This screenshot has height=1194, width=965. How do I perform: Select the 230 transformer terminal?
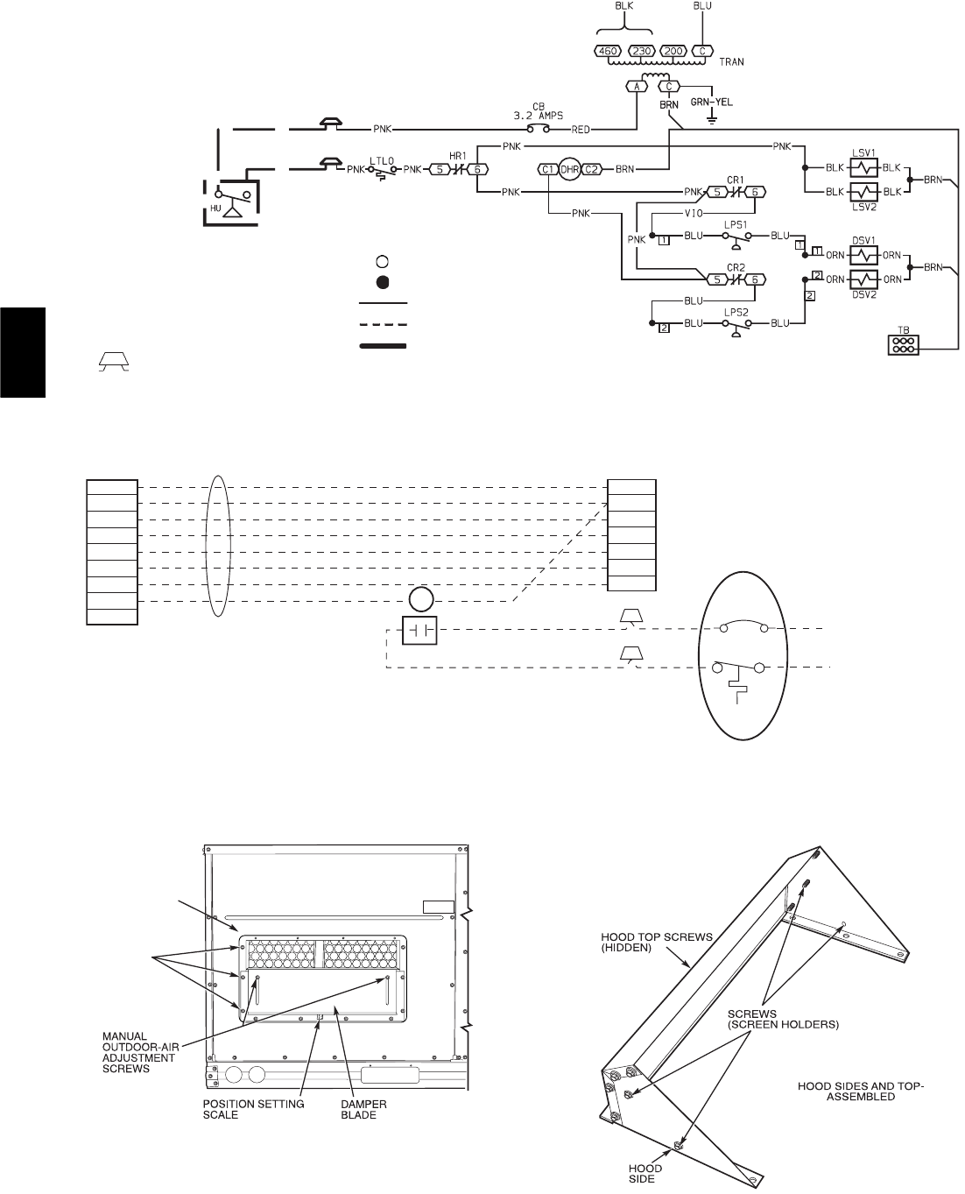point(642,51)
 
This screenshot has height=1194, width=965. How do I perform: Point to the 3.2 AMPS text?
point(537,115)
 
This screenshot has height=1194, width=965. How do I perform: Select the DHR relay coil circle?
point(570,169)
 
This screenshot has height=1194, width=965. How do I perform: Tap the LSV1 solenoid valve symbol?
point(864,166)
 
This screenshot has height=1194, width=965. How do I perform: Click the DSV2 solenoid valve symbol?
point(864,279)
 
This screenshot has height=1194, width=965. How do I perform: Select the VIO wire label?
point(693,212)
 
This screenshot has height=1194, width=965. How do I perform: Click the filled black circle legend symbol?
point(383,282)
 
